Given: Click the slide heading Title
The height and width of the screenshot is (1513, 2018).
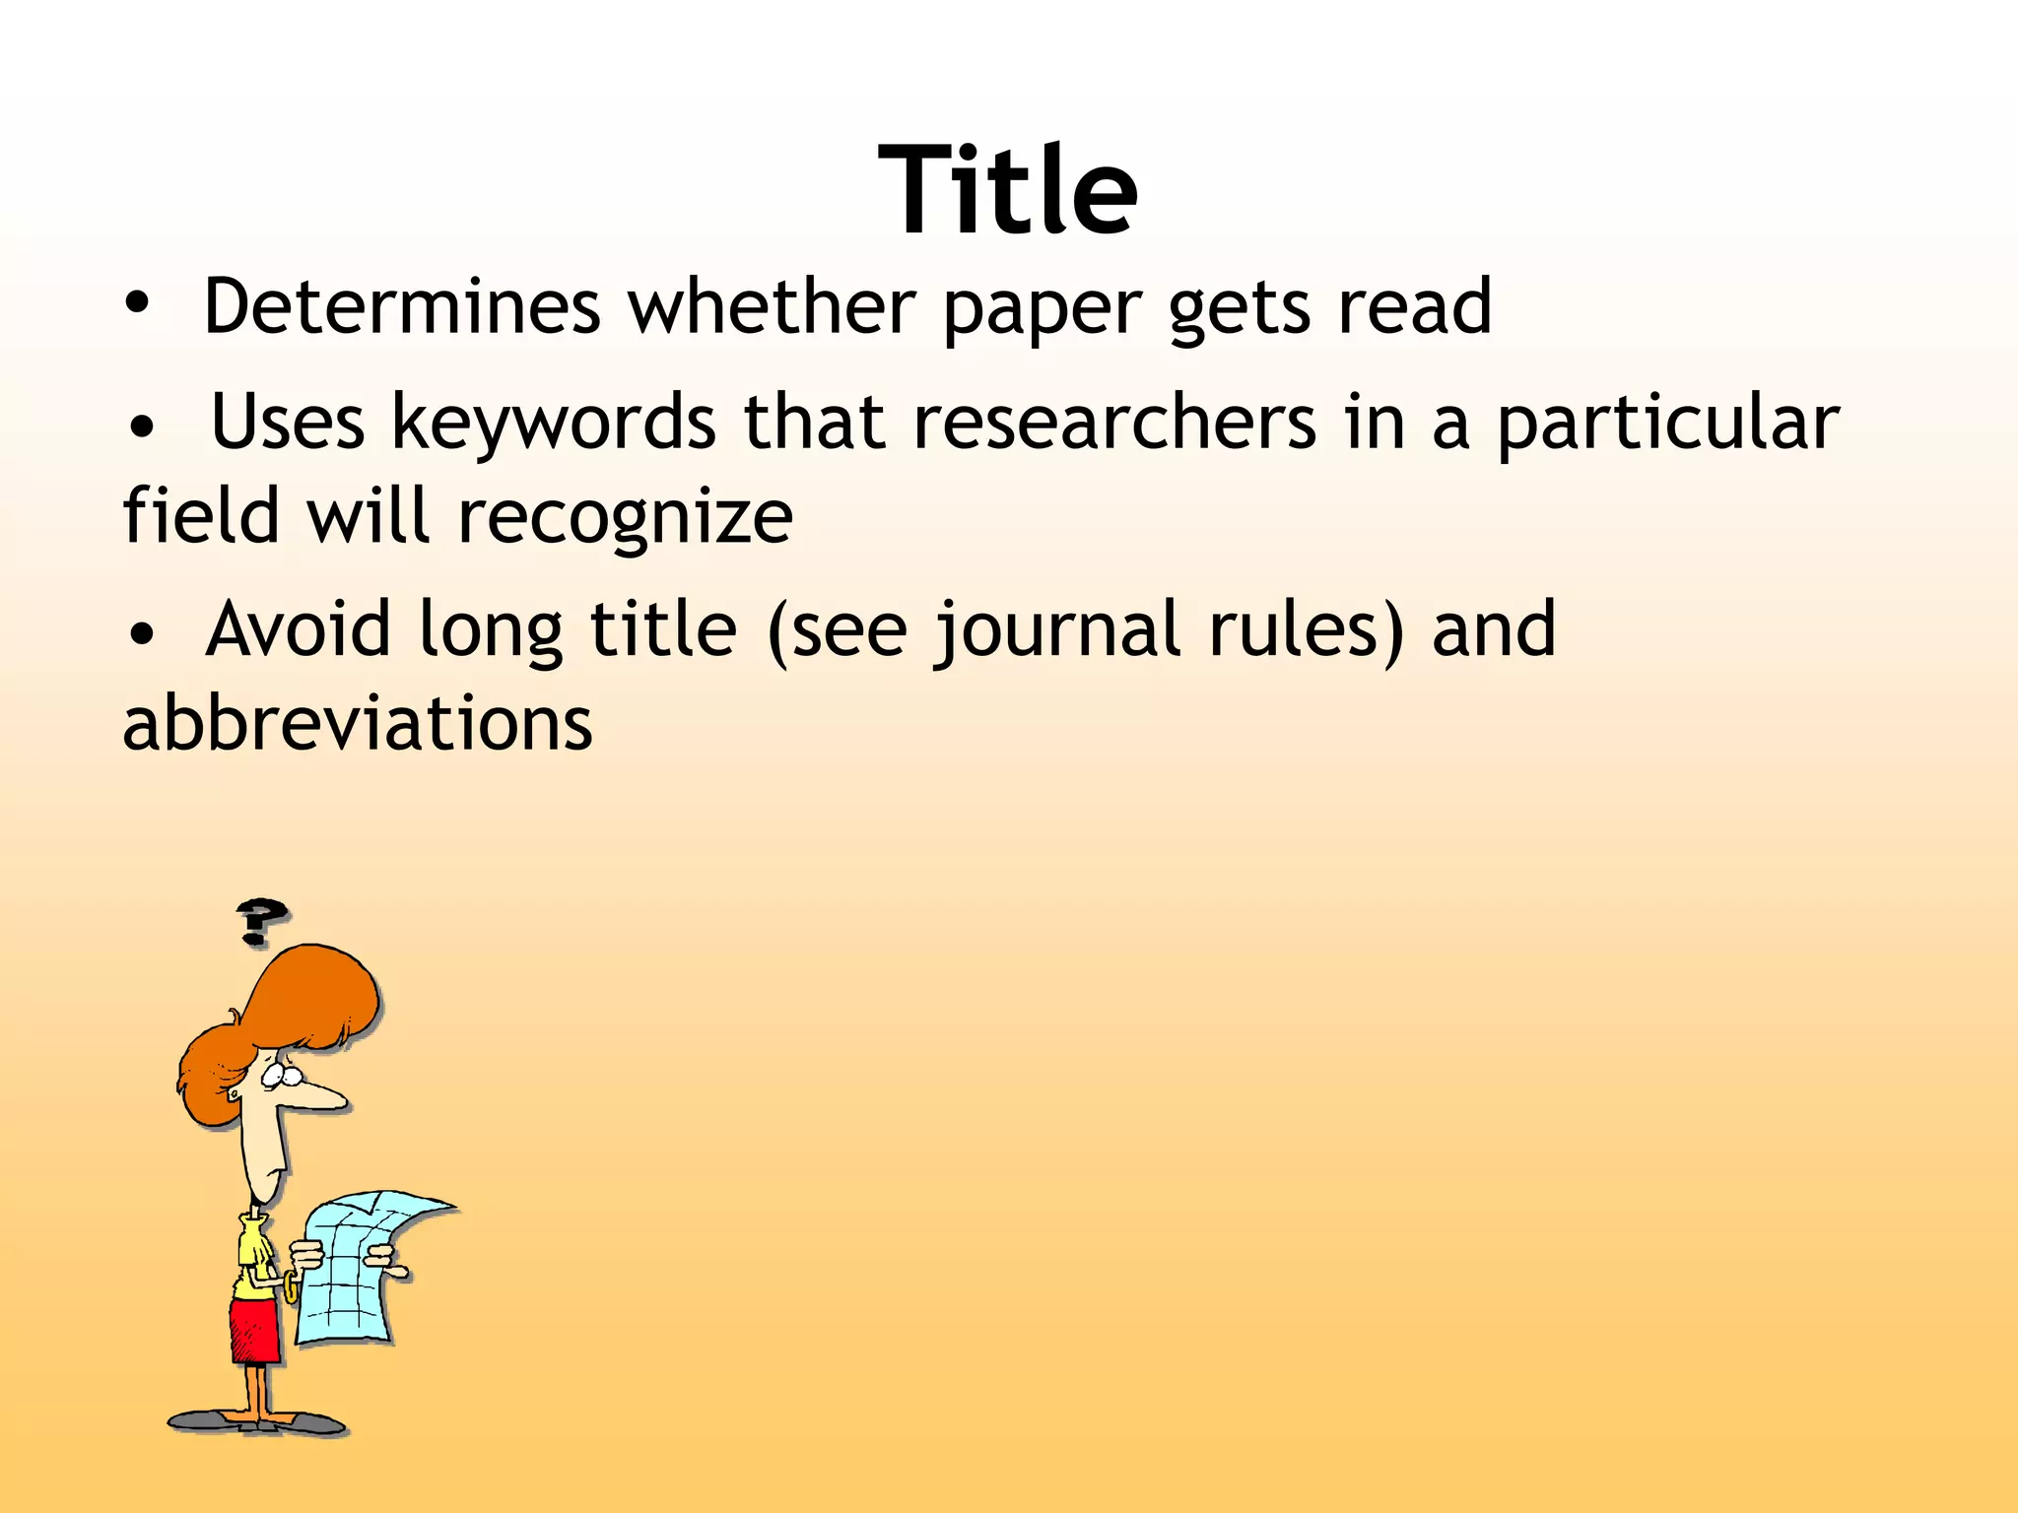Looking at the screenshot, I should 1008,189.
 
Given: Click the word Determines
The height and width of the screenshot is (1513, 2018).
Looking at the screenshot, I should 402,307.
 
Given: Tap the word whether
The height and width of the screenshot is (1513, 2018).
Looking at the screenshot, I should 773,307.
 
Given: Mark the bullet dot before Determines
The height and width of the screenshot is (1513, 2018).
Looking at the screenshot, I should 138,305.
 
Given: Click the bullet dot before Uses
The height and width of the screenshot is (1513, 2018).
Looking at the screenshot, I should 143,428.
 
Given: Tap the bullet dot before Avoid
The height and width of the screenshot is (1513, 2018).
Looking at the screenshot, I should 143,635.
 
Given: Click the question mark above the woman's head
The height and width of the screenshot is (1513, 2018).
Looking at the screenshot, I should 260,920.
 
